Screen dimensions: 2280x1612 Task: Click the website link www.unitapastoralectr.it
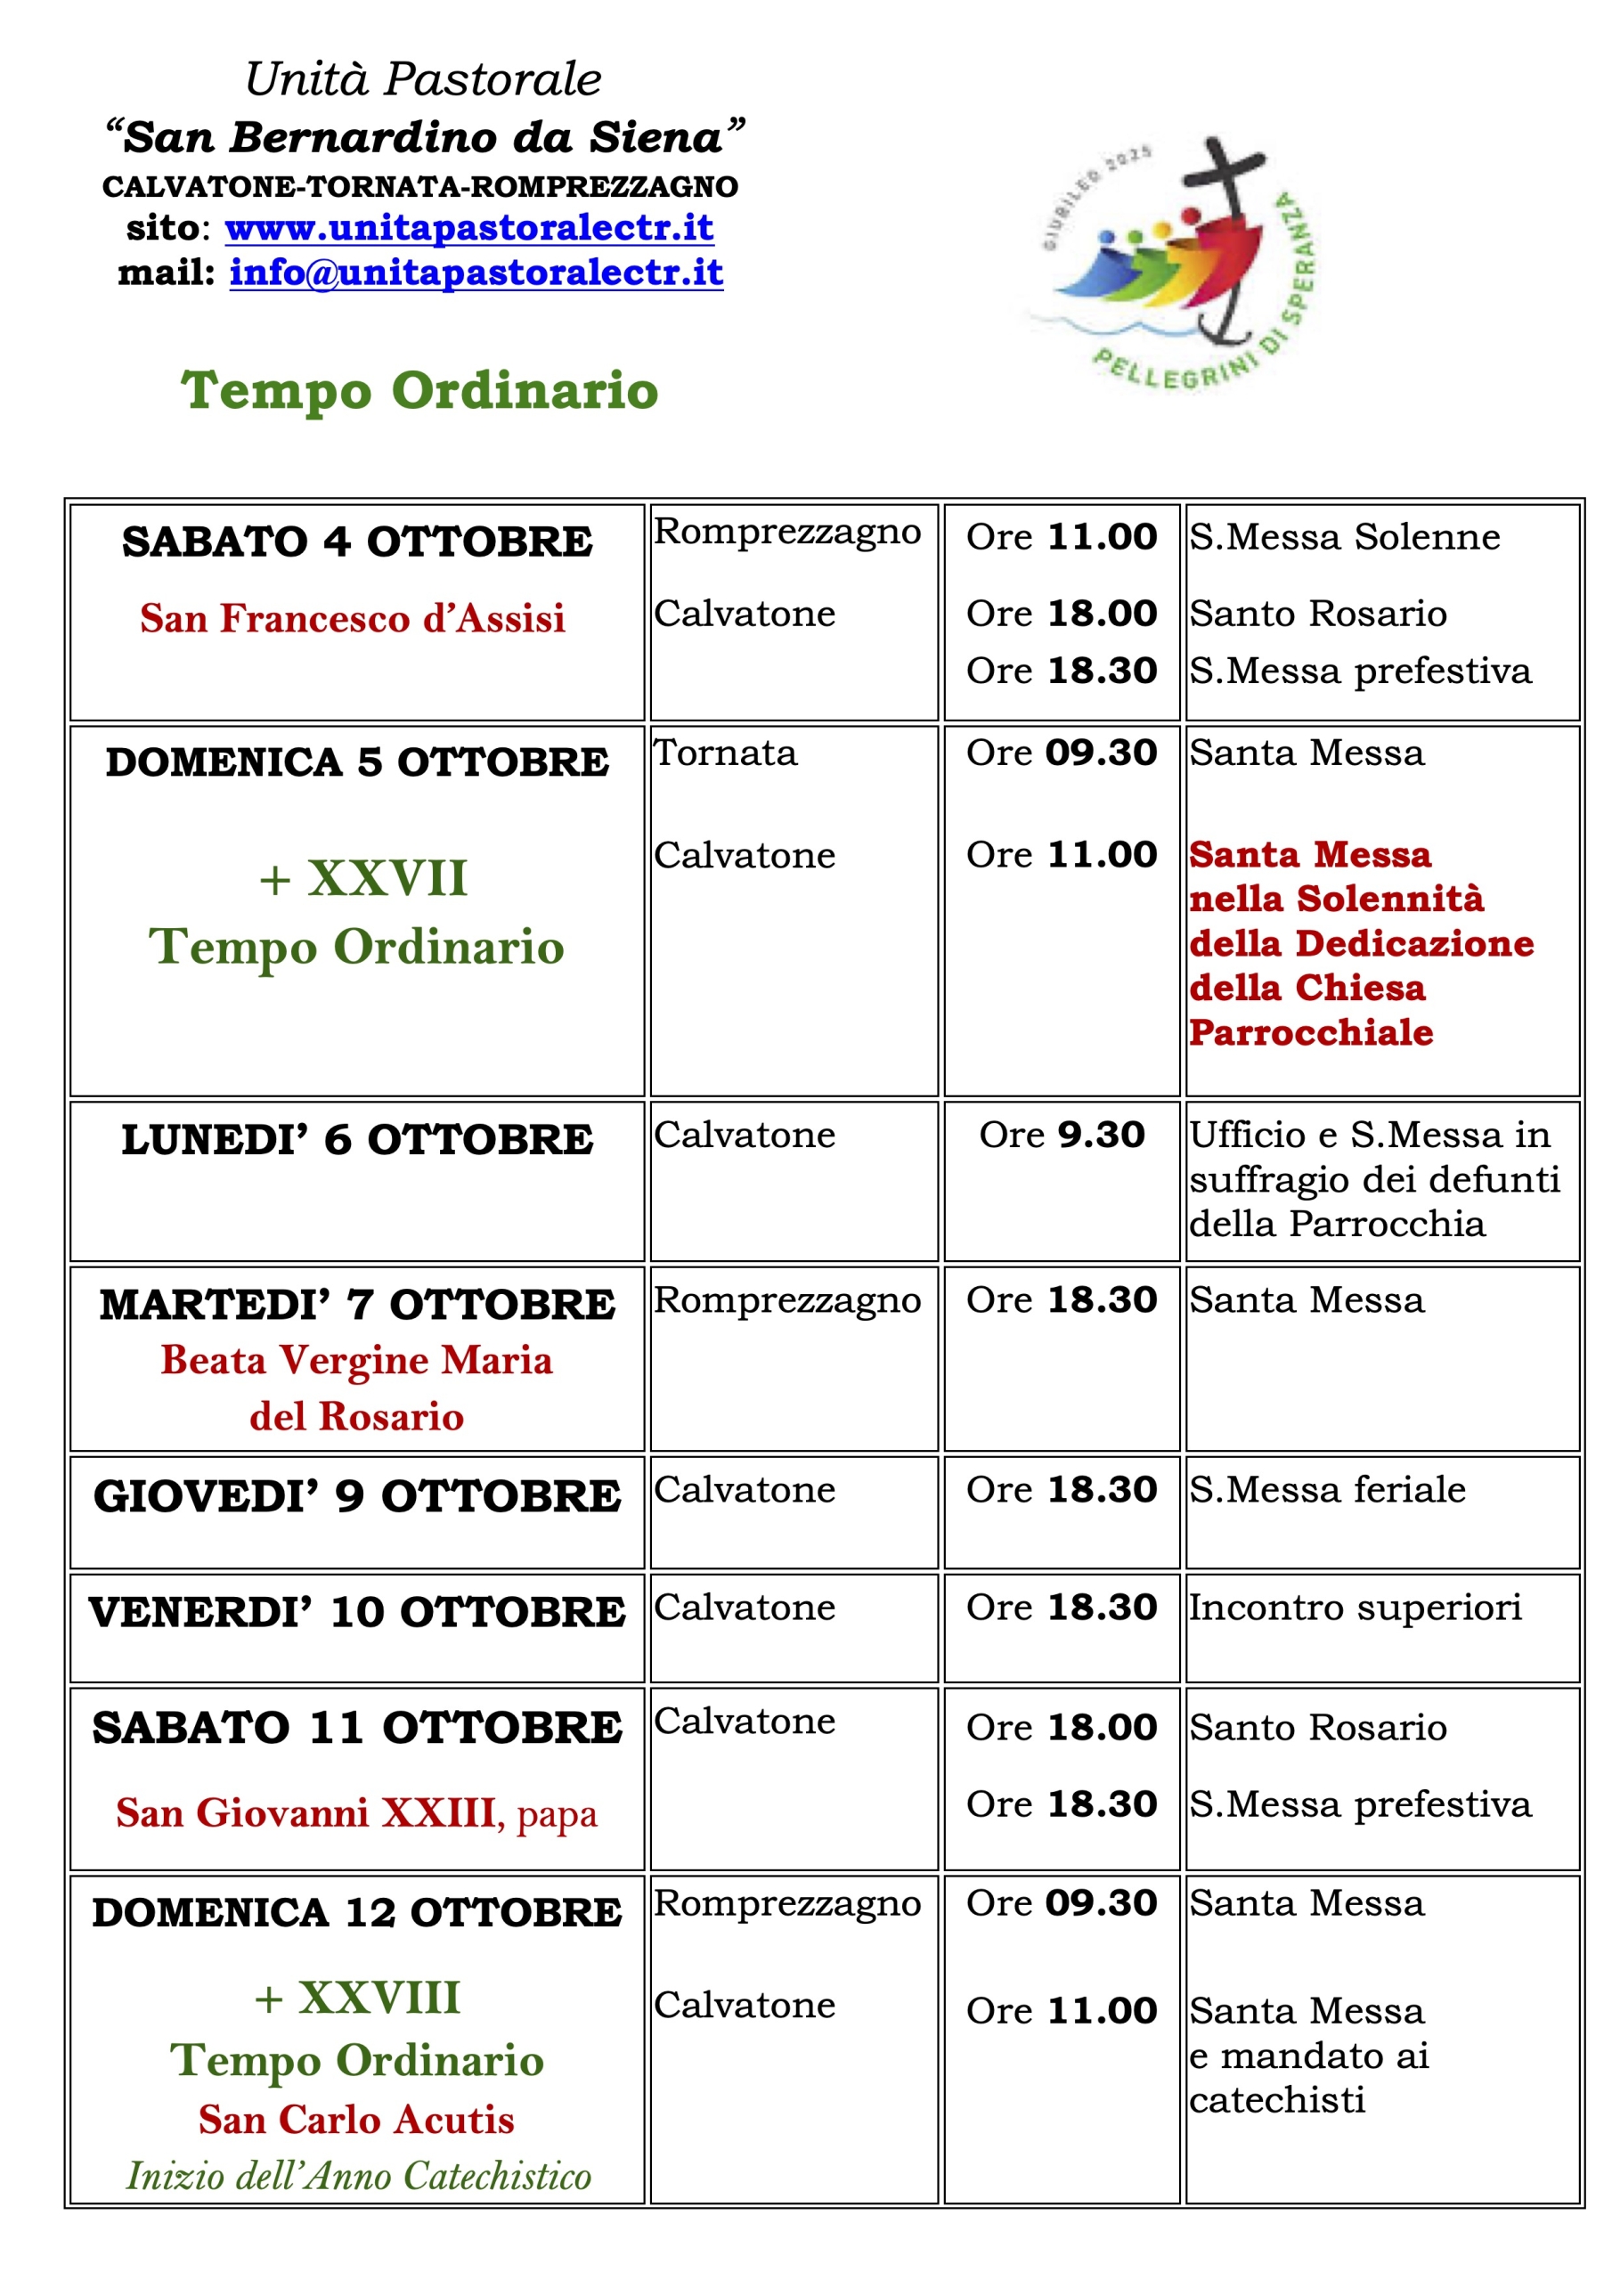pos(468,228)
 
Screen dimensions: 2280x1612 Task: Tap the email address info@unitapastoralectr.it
pos(476,273)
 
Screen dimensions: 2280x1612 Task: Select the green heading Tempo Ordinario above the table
pos(419,389)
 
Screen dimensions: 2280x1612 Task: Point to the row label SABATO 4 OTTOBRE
pos(356,542)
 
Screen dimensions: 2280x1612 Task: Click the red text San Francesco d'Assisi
pos(353,618)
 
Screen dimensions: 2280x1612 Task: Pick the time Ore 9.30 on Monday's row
pos(1062,1134)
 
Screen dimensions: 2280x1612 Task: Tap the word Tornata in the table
pos(725,753)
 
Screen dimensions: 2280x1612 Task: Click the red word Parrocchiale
pos(1311,1033)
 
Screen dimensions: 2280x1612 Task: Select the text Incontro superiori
pos(1355,1607)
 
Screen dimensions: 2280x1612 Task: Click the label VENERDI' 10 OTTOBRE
pos(356,1612)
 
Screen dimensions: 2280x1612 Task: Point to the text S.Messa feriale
pos(1327,1489)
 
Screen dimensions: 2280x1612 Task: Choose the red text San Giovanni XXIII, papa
pos(356,1813)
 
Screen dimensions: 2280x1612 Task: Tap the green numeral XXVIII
pos(379,1998)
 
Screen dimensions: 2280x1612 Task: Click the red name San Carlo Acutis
pos(356,2119)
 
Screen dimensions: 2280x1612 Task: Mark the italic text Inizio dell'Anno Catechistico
pos(359,2176)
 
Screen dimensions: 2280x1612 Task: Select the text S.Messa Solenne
pos(1345,537)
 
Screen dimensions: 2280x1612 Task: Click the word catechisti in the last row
pos(1277,2100)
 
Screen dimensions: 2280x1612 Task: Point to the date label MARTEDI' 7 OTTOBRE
pos(356,1305)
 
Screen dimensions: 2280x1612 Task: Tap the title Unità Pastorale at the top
pos(423,79)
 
